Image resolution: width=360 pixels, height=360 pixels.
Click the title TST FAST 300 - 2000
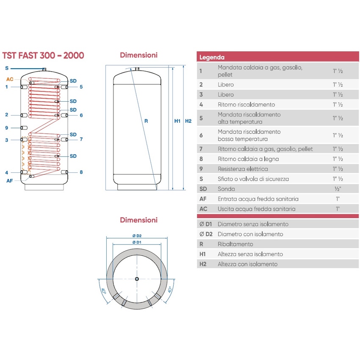(43, 55)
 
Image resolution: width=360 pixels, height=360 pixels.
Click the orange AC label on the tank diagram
(10, 79)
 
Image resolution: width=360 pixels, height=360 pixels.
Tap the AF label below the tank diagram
(10, 181)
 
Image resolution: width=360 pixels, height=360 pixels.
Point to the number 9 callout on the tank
(7, 128)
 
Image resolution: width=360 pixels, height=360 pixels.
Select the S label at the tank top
(7, 68)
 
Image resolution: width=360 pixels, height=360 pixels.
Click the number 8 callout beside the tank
(81, 172)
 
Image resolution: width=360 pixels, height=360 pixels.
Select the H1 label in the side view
(177, 121)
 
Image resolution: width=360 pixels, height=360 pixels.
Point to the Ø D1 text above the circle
(136, 242)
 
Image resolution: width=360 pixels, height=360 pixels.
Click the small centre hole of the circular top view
(136, 279)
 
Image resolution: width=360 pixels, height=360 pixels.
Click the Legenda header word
(212, 57)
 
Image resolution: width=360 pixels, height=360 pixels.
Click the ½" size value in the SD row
(338, 189)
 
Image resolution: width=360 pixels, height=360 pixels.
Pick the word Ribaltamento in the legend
(235, 244)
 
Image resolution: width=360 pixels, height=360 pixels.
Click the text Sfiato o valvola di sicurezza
(253, 179)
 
